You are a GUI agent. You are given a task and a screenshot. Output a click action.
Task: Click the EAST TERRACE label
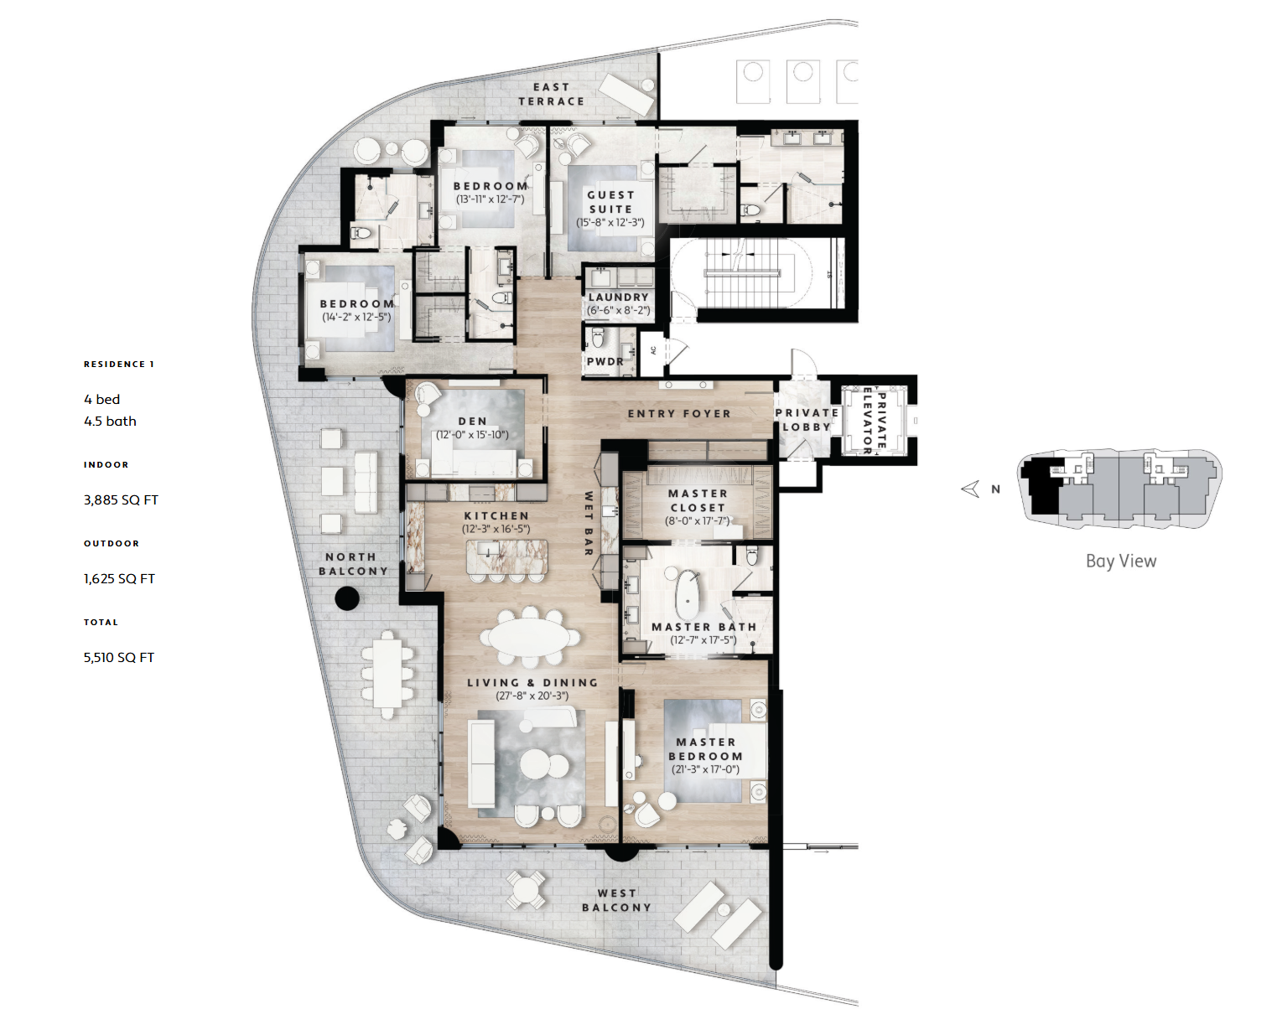pos(551,95)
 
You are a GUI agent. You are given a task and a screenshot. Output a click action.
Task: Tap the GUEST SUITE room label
pos(611,202)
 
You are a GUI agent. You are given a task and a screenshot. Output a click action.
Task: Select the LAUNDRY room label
pos(619,298)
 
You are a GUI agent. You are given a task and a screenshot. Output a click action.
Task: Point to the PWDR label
pos(605,361)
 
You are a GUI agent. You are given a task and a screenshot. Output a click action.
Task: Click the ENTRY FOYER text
pos(679,414)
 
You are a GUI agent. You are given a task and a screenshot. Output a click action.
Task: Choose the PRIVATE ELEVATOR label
pos(875,421)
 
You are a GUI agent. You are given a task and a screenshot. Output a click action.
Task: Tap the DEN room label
pos(472,422)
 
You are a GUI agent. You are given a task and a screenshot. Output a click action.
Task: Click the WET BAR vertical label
pos(589,524)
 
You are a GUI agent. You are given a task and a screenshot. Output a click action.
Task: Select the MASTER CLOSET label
pos(698,500)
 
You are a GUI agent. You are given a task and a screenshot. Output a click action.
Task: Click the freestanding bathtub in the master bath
pos(688,595)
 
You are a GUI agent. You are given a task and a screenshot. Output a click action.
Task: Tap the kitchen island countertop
pos(506,556)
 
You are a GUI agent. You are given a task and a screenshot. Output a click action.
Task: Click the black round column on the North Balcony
pos(347,598)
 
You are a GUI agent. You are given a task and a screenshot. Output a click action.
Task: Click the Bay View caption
pos(1121,561)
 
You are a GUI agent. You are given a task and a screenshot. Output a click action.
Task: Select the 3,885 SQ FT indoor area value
pos(121,500)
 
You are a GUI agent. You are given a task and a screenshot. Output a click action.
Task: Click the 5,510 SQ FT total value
pos(119,657)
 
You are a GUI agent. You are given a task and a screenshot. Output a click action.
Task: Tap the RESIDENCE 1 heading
pos(119,365)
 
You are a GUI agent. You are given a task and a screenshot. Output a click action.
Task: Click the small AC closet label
pos(653,350)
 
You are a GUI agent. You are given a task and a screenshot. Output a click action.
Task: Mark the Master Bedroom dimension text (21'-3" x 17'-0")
pos(705,769)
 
